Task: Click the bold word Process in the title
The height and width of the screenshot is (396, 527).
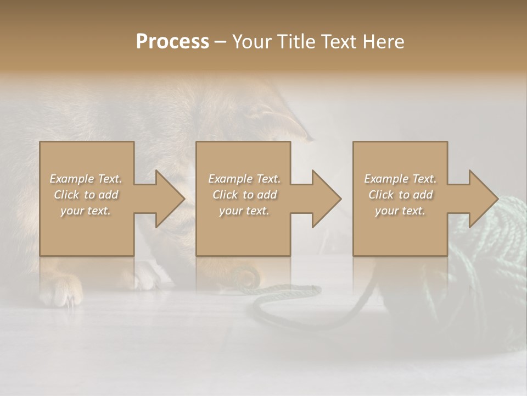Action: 172,42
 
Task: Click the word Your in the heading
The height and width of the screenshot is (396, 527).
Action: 253,42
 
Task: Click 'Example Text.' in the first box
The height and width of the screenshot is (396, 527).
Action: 86,179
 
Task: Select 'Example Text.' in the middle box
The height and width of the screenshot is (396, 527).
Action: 244,179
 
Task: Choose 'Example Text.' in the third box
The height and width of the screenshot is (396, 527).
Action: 400,179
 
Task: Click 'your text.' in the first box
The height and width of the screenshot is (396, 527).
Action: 86,211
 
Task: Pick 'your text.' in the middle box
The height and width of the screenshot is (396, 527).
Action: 244,211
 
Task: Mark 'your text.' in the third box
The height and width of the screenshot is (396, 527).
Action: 400,211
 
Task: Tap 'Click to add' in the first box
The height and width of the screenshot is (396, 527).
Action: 86,195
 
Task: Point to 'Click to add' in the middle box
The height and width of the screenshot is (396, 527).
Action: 244,195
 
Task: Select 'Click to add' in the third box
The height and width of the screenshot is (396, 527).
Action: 400,195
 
